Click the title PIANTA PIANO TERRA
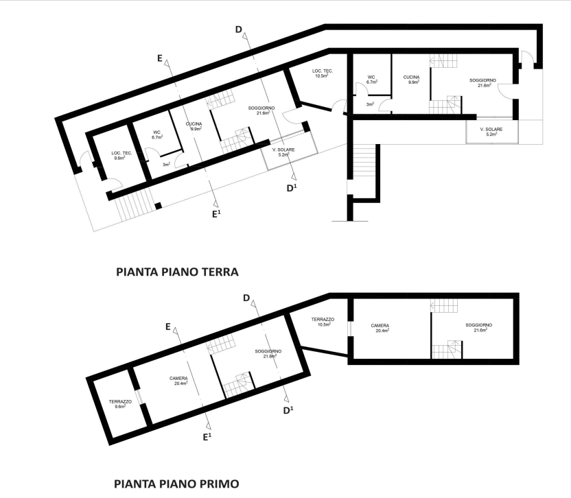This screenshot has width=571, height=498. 177,272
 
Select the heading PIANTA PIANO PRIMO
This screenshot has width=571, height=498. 176,484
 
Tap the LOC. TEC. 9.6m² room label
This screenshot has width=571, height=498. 121,156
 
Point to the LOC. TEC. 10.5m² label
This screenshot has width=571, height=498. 323,73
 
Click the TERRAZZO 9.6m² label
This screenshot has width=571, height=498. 120,404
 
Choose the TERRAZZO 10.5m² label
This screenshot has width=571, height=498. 323,322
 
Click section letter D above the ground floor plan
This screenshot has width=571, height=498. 239,29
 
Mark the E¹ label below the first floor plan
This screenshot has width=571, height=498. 207,436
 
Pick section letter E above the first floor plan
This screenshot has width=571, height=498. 168,327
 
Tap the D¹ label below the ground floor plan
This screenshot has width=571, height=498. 292,188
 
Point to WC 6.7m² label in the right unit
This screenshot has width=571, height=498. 371,80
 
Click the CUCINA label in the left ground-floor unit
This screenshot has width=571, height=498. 194,124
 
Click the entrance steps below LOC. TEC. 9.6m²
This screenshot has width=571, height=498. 136,206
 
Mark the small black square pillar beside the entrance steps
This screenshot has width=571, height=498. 159,206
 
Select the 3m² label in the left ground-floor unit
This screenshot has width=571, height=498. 166,165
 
